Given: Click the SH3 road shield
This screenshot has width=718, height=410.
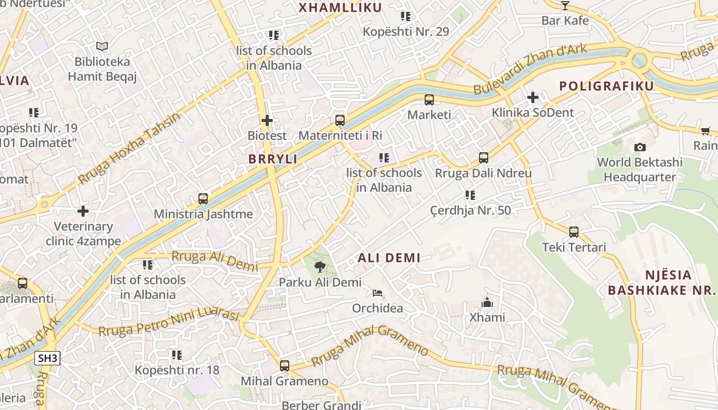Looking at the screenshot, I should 48,358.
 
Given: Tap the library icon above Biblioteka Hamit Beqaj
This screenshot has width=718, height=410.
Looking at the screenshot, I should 102,47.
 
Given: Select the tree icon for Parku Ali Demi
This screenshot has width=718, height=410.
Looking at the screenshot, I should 320,266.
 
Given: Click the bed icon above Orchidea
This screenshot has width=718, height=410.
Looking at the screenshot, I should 377,293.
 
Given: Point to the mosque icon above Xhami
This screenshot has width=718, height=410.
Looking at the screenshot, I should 487,302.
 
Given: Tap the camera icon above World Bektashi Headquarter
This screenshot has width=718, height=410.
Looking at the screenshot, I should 640,148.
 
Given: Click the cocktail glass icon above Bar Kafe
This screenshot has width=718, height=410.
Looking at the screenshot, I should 565,6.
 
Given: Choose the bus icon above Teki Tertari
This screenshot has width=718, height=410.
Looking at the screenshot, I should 574,232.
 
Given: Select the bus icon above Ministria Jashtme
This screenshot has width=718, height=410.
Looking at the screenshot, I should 203,199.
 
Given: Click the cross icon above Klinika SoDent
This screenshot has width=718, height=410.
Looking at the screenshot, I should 533,97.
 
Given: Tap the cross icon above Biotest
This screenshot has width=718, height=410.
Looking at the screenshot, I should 267,120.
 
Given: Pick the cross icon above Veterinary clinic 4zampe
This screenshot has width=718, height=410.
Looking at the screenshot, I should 83,211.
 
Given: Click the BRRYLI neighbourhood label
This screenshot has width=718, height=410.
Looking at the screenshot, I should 273,159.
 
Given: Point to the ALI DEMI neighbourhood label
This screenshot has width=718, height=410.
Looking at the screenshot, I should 389,258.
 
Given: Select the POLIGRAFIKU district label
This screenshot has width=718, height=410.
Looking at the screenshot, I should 607,86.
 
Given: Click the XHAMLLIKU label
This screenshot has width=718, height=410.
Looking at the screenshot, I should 341,8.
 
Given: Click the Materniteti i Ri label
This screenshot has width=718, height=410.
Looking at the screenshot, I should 340,135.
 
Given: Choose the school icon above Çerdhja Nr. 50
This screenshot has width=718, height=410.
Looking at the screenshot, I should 470,195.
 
